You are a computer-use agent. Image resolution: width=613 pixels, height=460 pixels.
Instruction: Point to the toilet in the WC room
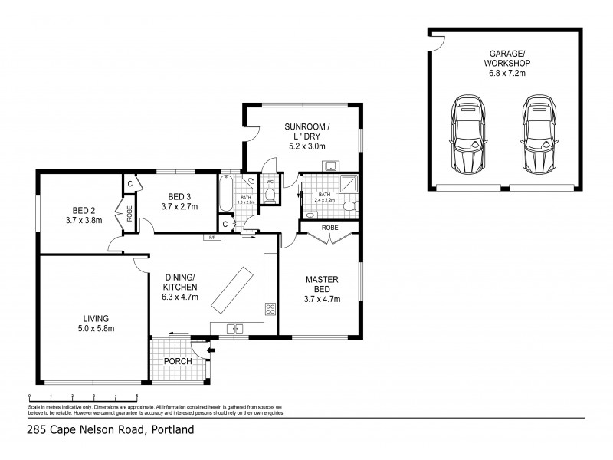click(270, 195)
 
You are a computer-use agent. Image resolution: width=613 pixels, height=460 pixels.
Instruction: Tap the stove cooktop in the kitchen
click(270, 310)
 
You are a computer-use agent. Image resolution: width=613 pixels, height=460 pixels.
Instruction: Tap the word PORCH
click(178, 361)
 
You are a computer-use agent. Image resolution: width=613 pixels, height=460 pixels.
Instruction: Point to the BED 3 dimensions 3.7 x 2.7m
click(179, 207)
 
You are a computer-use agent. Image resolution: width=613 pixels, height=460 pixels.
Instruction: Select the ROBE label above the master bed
click(330, 228)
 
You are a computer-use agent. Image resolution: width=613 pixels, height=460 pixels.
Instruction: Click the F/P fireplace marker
click(209, 238)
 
